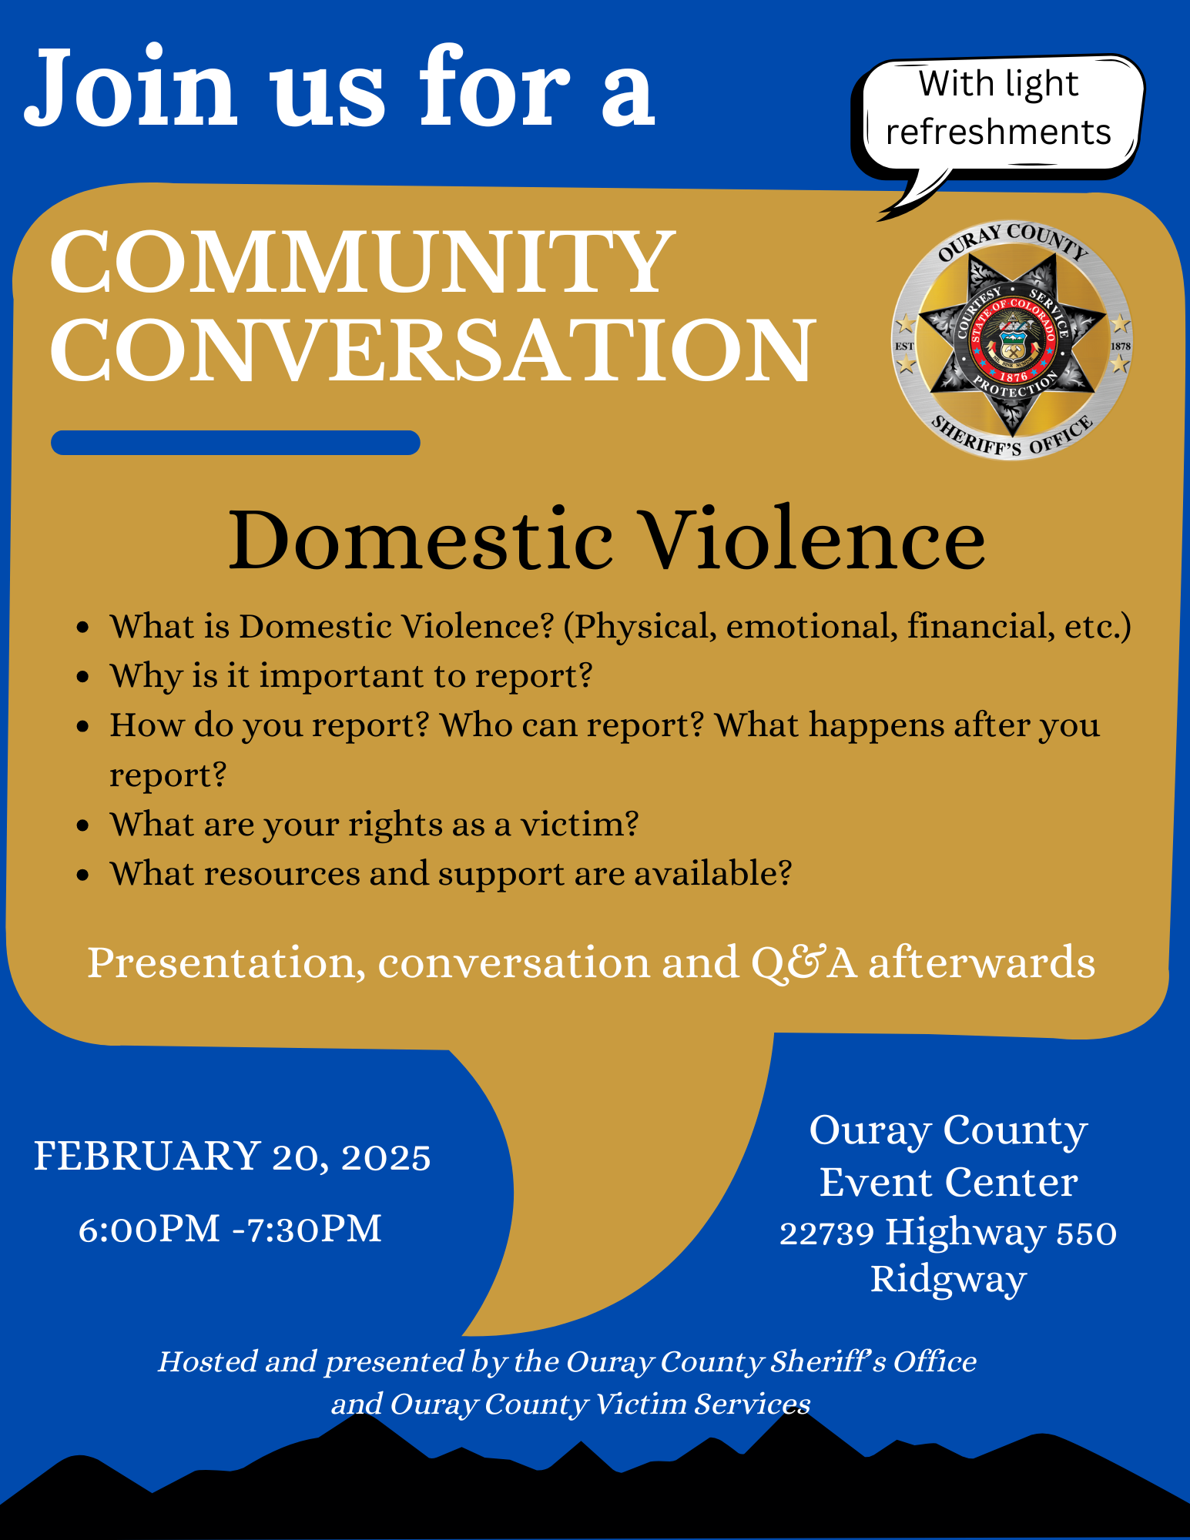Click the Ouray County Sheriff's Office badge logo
point(1012,341)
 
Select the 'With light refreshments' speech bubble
point(999,109)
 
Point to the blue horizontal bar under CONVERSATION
point(235,443)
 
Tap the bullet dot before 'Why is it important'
point(84,677)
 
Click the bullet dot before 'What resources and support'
point(84,875)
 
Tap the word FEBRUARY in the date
point(147,1157)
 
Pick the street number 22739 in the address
point(826,1233)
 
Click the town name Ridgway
point(948,1280)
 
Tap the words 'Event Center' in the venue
point(948,1182)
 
